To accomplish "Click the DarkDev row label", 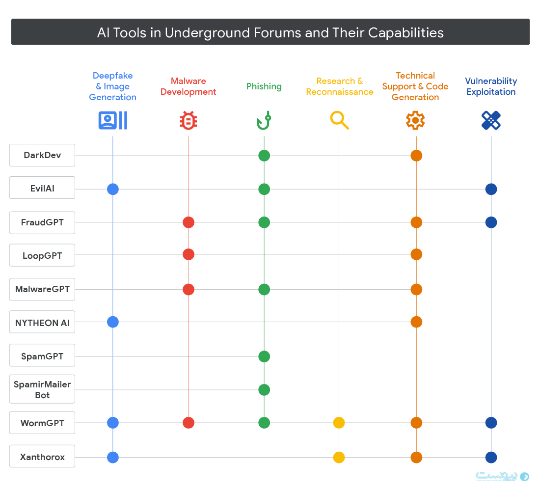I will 42,155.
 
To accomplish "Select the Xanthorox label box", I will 42,457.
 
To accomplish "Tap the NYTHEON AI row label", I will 42,323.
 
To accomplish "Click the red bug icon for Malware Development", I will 188,120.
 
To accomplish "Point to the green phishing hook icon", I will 264,120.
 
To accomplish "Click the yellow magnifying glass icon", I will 339,120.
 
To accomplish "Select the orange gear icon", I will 415,120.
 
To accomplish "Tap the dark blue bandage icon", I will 491,120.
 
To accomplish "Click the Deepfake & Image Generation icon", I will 113,120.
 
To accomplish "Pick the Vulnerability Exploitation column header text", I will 491,86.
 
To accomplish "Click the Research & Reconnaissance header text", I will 340,86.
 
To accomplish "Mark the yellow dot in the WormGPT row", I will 339,423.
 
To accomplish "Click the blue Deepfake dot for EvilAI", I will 113,189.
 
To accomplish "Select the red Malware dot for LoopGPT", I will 189,254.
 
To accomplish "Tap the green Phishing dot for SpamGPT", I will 264,356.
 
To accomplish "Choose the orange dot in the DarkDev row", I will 416,156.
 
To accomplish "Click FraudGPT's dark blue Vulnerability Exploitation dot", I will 491,222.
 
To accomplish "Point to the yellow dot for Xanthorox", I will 339,458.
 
